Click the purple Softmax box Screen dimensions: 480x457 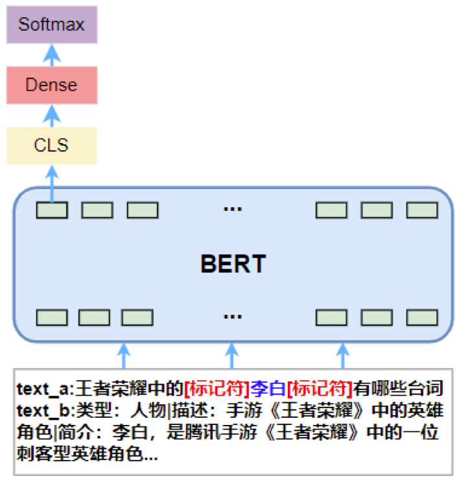[x=51, y=25]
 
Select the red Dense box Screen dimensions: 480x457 [x=51, y=85]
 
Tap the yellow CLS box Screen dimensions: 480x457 [x=51, y=145]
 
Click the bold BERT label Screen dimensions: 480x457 [x=233, y=264]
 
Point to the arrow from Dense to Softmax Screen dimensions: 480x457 [x=51, y=55]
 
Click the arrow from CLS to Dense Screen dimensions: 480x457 [x=51, y=115]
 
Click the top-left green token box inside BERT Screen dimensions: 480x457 [x=52, y=210]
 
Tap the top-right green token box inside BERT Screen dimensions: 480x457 [x=421, y=210]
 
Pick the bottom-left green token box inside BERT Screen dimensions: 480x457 [x=52, y=317]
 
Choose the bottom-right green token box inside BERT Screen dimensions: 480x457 [x=421, y=317]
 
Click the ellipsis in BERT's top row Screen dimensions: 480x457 [x=232, y=209]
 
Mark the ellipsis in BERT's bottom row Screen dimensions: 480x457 [x=232, y=317]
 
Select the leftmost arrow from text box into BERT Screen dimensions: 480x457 [x=123, y=356]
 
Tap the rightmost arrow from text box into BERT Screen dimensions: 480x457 [x=343, y=356]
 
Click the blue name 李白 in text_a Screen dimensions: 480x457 [x=268, y=389]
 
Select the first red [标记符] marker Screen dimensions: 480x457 [x=217, y=389]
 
